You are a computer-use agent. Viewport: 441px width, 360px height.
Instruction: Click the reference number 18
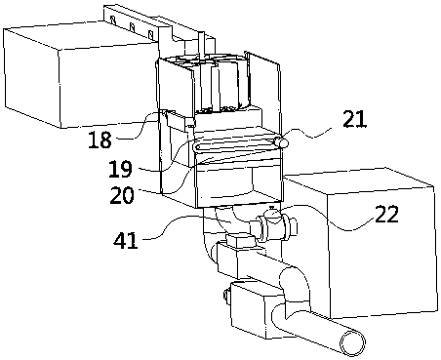100,140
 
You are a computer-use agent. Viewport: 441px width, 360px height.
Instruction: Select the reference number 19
120,169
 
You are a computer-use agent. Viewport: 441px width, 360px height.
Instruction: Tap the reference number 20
122,195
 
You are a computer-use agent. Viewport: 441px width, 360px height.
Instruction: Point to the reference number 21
354,119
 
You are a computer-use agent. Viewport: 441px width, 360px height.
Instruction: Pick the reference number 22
386,215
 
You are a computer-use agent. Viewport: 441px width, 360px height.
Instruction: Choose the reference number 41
126,241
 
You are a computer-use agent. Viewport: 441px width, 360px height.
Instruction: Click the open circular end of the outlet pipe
352,342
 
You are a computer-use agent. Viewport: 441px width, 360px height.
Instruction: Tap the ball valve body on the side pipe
272,225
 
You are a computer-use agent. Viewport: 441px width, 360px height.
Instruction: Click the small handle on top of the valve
271,207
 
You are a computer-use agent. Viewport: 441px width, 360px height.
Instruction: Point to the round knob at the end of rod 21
281,142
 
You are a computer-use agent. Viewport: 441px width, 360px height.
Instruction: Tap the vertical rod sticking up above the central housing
201,46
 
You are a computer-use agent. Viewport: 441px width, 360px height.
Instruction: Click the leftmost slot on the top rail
113,20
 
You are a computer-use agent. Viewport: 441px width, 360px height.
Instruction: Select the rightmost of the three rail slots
150,34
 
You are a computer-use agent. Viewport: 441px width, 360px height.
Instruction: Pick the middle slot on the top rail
132,27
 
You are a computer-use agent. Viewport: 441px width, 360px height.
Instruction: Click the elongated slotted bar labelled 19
235,145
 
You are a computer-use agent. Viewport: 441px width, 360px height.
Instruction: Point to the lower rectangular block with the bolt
258,309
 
